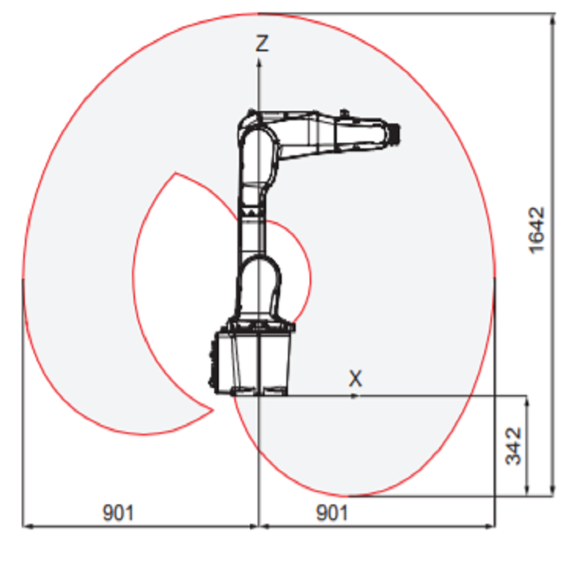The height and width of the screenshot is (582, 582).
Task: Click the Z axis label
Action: point(262,43)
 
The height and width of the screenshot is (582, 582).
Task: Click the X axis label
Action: point(355,379)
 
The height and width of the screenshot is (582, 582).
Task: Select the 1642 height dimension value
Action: point(536,229)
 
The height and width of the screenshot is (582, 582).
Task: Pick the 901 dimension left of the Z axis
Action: point(118,512)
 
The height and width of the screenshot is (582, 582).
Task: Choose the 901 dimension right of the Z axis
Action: point(332,512)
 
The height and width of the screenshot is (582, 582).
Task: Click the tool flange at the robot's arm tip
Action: point(393,133)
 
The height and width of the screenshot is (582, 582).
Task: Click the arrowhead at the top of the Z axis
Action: point(258,61)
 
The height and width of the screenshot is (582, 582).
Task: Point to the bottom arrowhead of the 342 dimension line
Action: point(528,490)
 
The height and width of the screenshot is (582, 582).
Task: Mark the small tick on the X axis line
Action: point(354,396)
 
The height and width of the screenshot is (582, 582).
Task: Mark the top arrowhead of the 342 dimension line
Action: point(528,400)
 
